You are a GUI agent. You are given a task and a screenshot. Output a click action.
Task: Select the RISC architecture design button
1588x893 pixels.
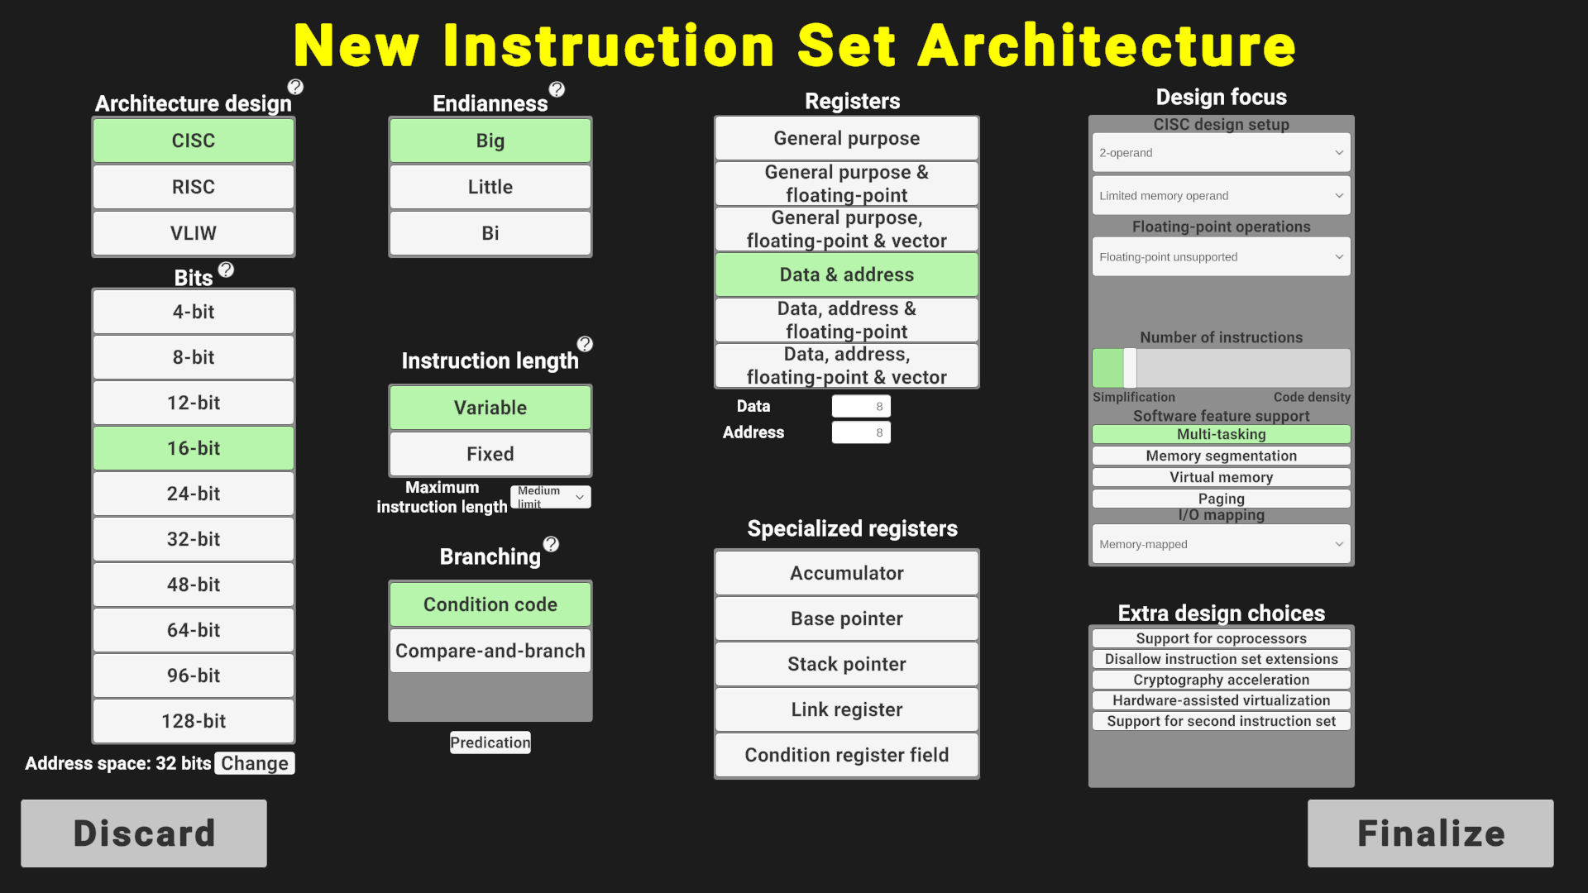coord(194,187)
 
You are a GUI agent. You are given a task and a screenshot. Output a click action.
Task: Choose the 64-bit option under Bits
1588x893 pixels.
coord(194,630)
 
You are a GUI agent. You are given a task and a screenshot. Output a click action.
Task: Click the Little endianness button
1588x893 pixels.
coord(490,187)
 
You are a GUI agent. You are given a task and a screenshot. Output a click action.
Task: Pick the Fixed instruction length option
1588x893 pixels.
coord(490,454)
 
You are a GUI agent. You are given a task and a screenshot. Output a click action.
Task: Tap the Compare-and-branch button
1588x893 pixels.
coord(490,651)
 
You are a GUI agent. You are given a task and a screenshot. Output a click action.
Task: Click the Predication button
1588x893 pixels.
coord(490,743)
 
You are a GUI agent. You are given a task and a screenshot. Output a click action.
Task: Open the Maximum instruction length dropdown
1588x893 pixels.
coord(551,497)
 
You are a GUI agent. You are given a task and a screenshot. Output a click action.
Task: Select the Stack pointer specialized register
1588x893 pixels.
coord(847,664)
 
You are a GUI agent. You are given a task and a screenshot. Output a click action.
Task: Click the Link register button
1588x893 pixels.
coord(847,709)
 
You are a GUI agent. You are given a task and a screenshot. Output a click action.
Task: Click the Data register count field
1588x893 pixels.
coord(861,406)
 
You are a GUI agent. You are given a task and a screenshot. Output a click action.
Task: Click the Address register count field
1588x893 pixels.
coord(861,432)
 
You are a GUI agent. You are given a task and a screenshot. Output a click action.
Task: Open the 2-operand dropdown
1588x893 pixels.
coord(1222,153)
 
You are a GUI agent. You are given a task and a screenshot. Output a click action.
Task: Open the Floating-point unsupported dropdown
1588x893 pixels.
coord(1222,257)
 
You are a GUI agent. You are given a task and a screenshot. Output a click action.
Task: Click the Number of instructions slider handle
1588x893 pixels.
coord(1130,368)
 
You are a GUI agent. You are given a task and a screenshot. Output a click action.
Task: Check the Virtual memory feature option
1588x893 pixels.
coord(1222,477)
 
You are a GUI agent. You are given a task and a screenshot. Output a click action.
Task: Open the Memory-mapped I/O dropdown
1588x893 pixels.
coord(1222,544)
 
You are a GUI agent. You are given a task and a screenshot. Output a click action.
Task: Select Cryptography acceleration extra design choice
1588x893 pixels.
coord(1222,680)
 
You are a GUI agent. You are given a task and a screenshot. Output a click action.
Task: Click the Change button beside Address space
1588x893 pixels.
coord(255,763)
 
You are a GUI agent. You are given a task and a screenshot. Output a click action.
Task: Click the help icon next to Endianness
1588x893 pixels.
coord(557,89)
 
